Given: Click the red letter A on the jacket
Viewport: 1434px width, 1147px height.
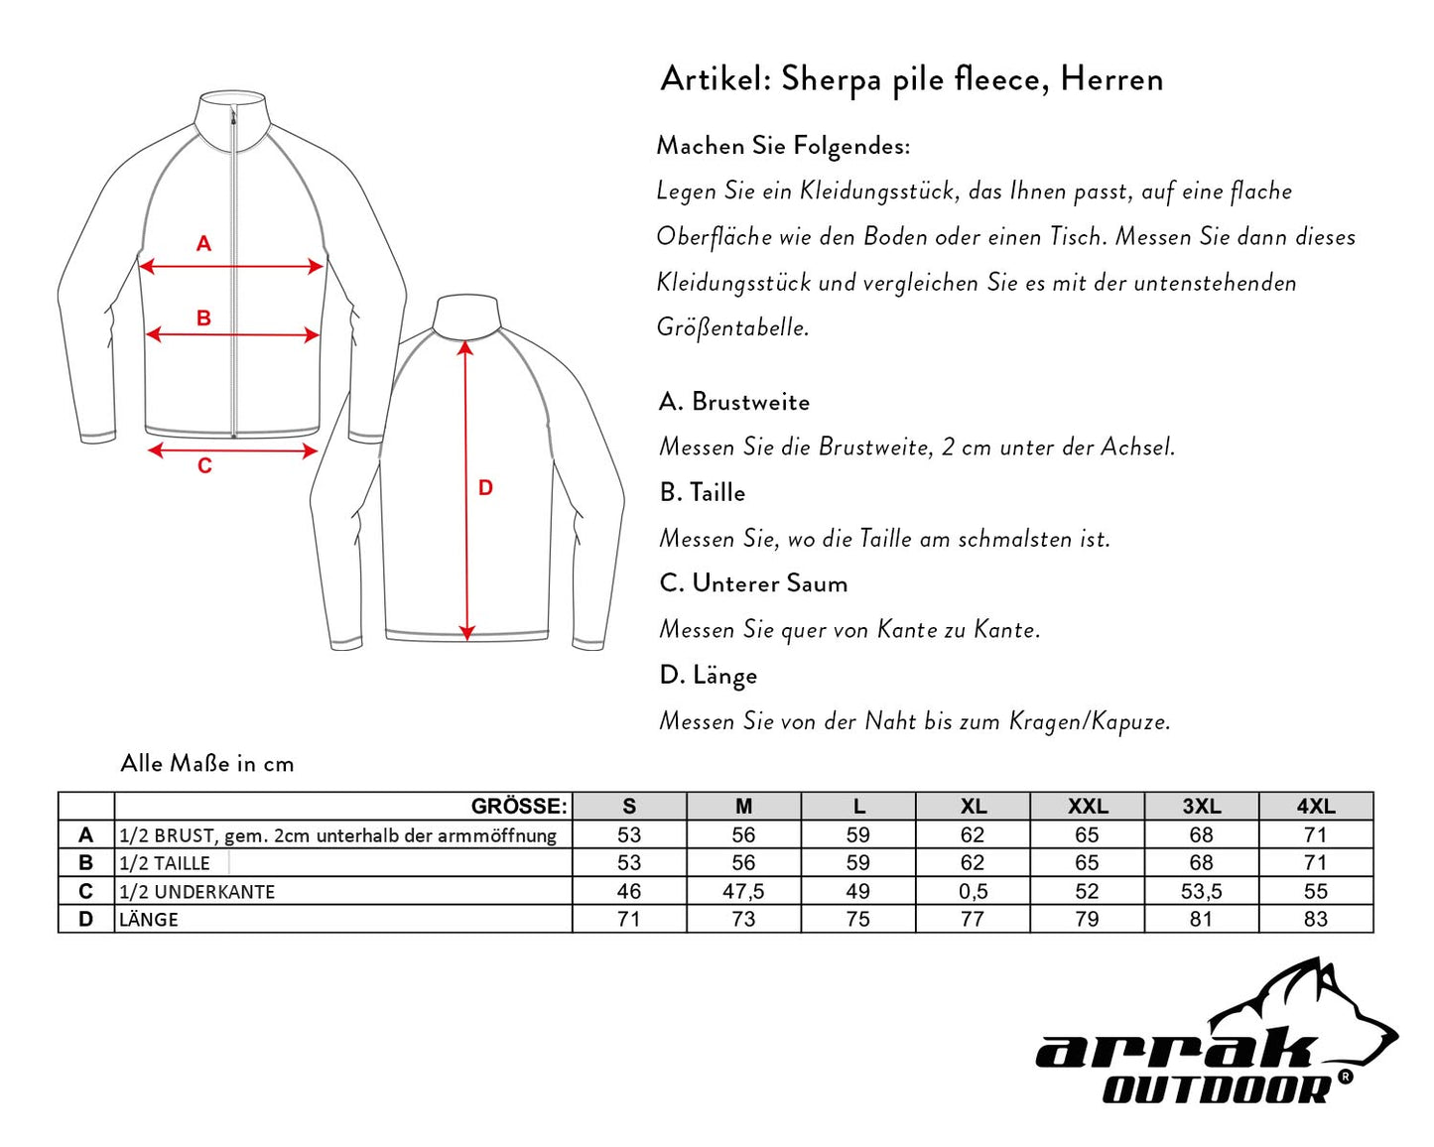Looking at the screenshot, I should pos(203,243).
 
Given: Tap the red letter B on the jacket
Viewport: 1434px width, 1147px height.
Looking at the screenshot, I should pos(203,319).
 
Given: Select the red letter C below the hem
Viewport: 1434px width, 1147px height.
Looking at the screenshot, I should pos(204,466).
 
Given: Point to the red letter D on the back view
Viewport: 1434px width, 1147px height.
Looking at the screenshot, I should pos(485,487).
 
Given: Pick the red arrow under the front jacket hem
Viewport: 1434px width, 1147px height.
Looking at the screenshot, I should pos(232,450).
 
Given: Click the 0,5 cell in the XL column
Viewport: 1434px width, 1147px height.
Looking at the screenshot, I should pos(973,891).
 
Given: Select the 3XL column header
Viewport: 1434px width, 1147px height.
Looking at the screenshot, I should pos(1201,807).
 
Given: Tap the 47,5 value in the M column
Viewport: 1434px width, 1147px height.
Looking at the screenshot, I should pos(743,891).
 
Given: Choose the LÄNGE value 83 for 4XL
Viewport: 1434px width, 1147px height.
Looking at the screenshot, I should pos(1315,919).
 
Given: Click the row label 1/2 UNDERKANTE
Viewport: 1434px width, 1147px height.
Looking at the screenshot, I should pos(196,892).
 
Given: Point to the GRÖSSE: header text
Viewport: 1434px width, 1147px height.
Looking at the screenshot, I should pos(518,807).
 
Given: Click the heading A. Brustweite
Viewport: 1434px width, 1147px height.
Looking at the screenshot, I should pos(734,402).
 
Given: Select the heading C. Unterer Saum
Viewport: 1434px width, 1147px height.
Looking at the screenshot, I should pos(753,583).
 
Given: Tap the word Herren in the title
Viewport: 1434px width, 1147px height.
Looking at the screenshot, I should pos(1111,78).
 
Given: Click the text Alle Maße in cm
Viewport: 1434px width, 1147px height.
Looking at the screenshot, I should pos(207,763).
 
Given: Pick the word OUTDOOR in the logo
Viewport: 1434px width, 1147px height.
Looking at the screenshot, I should pos(1217,1089).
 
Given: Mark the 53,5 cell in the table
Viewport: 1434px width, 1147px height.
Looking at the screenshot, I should pos(1201,891).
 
